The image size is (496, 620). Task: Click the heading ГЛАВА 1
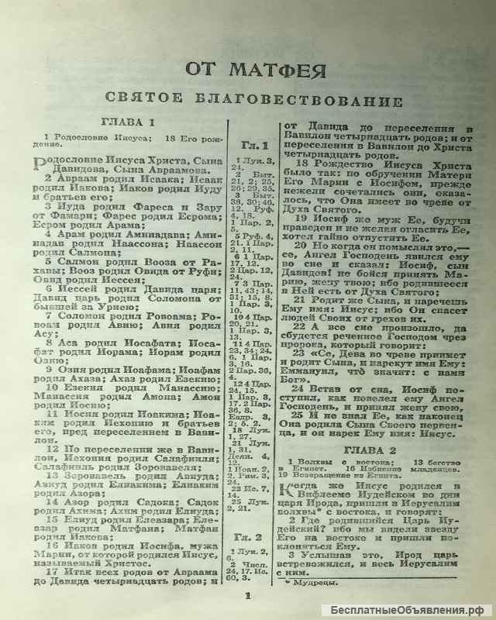tap(129, 123)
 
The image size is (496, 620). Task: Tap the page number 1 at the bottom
tap(249, 596)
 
